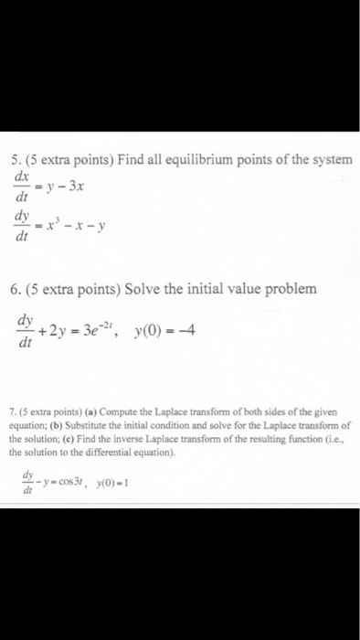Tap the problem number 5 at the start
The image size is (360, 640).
18,161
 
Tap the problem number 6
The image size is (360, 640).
18,288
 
